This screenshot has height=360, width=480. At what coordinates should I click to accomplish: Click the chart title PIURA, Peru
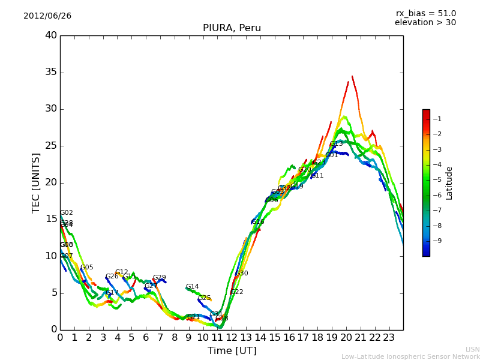[232, 28]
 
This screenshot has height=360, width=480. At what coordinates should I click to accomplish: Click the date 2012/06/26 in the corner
[47, 16]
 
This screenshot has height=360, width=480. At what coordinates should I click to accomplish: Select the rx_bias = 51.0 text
[425, 14]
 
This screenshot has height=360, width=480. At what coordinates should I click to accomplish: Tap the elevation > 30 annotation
[425, 23]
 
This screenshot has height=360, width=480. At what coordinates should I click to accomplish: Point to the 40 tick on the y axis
[51, 35]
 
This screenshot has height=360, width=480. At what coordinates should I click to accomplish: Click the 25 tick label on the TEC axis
[51, 146]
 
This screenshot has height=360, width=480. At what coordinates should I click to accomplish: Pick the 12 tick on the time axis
[232, 337]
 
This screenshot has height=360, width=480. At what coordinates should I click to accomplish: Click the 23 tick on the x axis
[389, 337]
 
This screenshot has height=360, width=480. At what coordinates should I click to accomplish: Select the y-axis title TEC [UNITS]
[36, 182]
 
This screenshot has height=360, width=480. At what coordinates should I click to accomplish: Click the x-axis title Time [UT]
[232, 350]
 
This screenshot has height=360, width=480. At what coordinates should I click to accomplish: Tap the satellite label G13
[336, 144]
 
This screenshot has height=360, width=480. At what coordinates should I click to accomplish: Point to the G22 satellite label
[236, 292]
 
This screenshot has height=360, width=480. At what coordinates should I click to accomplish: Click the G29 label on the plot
[159, 278]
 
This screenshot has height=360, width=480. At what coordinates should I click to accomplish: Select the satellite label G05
[86, 268]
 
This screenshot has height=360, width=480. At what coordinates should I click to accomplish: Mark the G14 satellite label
[192, 287]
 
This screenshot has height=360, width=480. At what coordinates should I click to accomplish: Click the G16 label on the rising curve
[257, 222]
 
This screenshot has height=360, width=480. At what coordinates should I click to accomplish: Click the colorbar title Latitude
[449, 183]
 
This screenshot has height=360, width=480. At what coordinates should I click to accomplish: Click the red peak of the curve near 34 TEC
[352, 77]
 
